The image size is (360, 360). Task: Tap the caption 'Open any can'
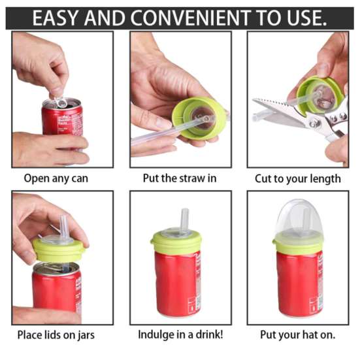coord(56,178)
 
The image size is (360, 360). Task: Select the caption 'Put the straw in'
coord(180,178)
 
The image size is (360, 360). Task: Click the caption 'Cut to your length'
coord(299,178)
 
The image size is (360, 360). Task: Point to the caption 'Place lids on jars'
coord(56,335)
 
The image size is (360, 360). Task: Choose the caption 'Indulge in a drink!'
coord(180,335)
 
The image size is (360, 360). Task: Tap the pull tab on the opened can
coord(60,101)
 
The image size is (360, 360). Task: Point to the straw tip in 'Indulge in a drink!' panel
coord(184,212)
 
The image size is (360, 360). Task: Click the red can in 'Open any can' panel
coord(63,120)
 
